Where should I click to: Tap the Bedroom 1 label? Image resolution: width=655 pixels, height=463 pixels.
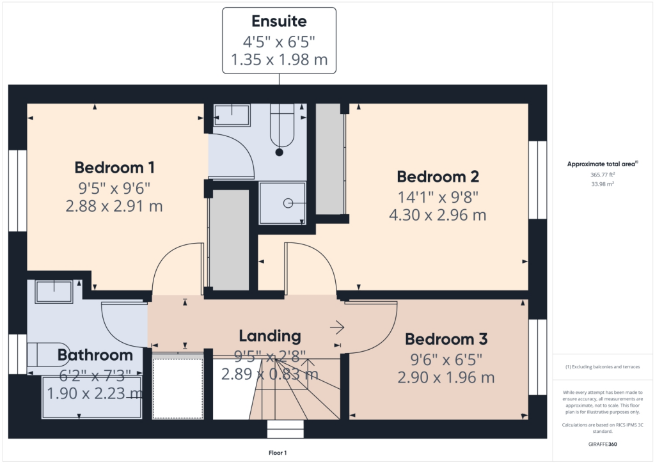114,168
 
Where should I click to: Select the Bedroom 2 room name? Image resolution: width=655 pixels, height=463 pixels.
438,177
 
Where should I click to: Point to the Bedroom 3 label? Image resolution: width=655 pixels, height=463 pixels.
446,338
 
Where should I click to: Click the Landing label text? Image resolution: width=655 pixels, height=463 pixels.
269,336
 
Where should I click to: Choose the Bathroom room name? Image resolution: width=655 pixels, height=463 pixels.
95,355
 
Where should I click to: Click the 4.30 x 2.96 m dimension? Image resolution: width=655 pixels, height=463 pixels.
438,215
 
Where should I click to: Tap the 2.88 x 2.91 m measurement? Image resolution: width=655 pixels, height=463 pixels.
114,207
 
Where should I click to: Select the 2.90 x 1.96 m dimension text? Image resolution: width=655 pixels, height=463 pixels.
446,377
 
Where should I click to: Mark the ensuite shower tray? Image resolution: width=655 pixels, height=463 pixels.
282,203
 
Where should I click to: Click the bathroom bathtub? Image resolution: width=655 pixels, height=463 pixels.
92,396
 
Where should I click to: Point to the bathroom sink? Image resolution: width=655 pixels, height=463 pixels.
54,292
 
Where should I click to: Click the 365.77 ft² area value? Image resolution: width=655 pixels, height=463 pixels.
603,174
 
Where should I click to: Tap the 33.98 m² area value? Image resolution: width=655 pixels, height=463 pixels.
603,184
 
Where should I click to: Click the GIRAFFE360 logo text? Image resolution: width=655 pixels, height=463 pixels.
603,444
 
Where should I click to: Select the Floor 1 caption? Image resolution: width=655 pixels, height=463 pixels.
278,453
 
